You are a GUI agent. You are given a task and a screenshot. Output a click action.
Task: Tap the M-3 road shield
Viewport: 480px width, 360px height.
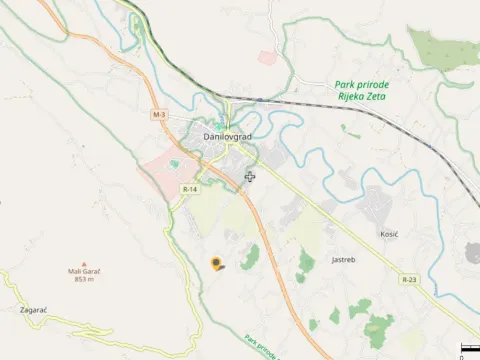point(159,116)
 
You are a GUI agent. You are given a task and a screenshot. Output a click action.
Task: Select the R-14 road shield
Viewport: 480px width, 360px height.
point(190,189)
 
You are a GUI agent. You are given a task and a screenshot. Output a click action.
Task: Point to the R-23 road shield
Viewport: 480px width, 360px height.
point(409,280)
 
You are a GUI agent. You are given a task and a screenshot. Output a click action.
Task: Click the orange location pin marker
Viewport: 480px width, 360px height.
point(216,263)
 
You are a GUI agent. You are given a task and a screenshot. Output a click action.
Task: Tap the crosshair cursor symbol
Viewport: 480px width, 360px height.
point(249,177)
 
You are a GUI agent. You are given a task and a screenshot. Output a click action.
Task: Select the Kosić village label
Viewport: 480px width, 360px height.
point(389,233)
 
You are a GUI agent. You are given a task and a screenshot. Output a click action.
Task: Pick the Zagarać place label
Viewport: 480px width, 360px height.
point(33,310)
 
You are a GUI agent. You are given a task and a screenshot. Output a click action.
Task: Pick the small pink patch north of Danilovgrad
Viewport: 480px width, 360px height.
point(267,58)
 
